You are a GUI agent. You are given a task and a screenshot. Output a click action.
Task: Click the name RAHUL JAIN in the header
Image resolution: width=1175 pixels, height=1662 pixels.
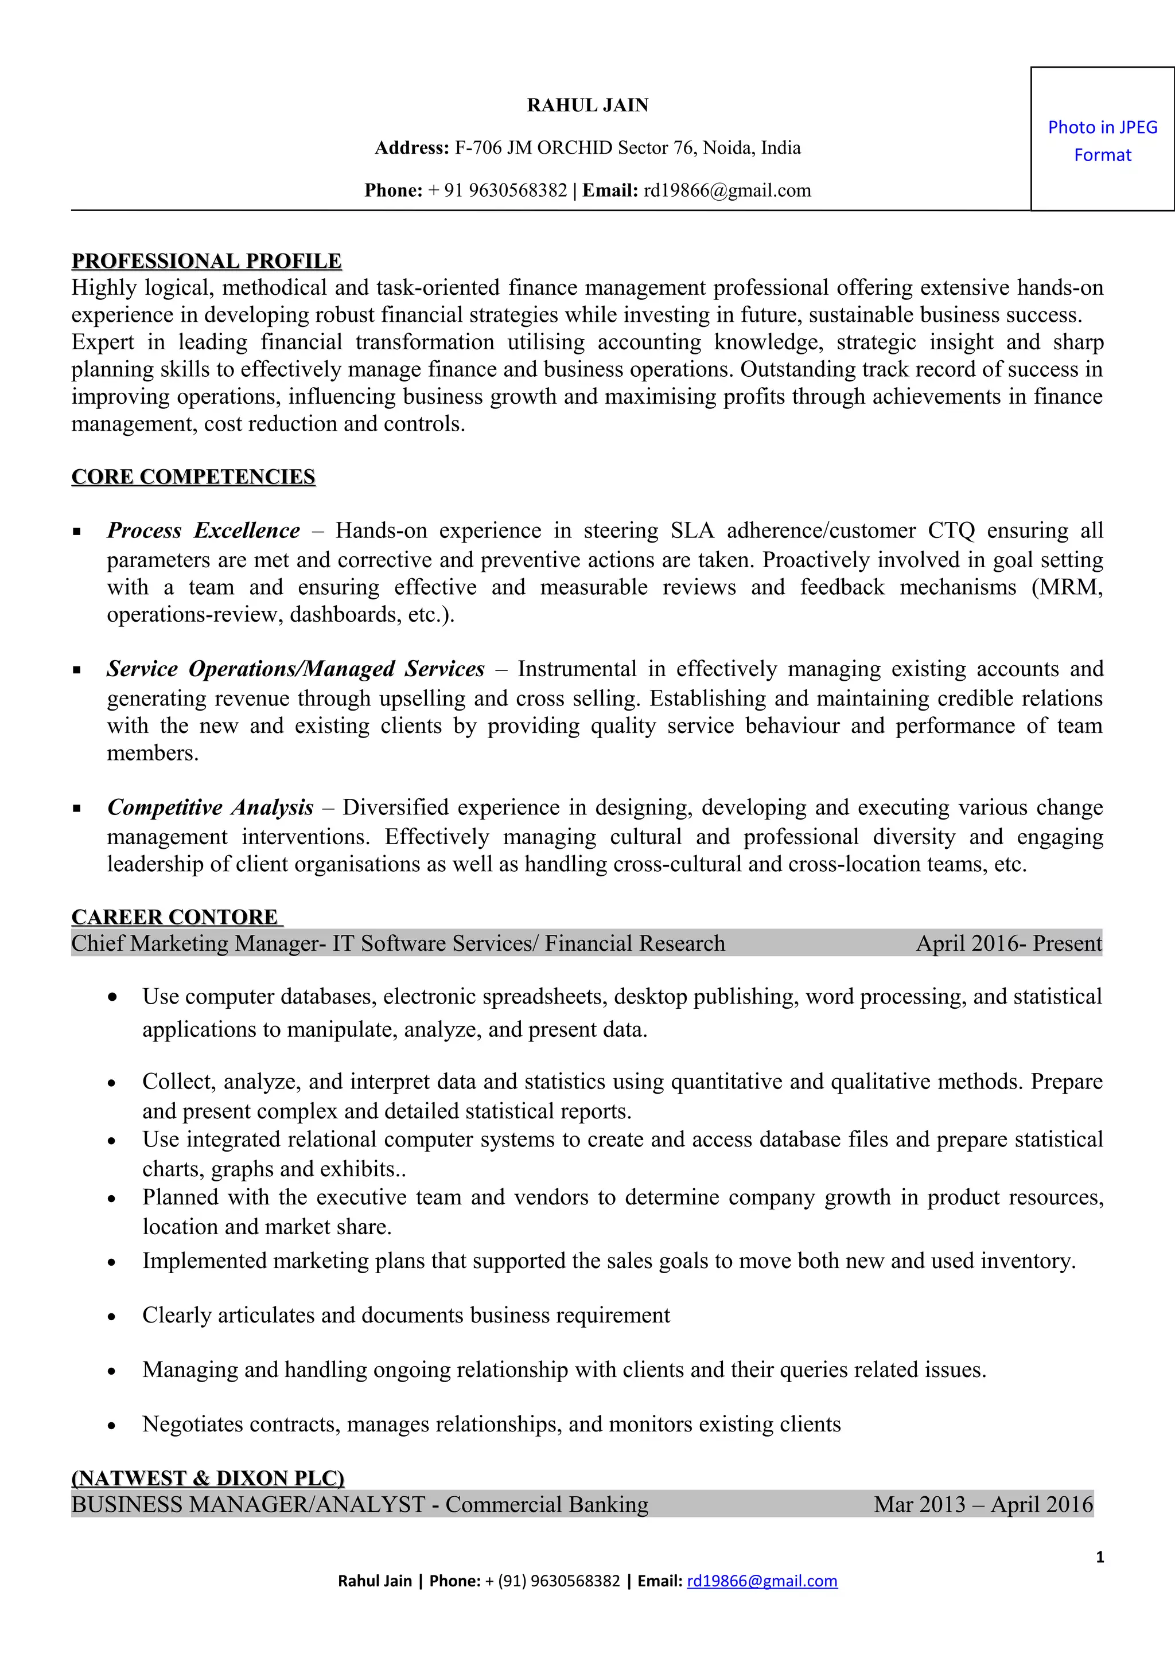coord(587,106)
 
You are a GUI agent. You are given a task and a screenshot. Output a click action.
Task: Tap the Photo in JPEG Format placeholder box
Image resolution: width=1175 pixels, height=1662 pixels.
coord(1102,139)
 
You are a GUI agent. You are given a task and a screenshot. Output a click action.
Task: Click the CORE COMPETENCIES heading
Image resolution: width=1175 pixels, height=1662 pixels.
coord(193,477)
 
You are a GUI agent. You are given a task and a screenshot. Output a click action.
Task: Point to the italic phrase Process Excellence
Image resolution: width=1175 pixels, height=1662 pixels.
coord(204,530)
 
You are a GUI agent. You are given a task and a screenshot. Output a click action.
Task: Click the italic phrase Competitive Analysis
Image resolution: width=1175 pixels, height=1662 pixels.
coord(210,807)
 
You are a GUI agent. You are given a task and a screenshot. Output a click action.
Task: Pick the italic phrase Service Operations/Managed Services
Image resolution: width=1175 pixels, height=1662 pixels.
coord(295,669)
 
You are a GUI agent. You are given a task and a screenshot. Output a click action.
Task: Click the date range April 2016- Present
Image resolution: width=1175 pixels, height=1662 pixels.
coord(1009,943)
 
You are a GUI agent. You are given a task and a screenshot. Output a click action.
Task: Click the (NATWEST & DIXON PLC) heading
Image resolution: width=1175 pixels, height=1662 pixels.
coord(208,1477)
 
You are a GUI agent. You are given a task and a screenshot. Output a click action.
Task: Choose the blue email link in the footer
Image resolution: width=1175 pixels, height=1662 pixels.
coord(761,1581)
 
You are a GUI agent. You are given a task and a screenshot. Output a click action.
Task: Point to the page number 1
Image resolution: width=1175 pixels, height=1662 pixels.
coord(1100,1557)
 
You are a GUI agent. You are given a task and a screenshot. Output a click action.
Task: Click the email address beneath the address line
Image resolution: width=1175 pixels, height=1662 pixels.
coord(727,190)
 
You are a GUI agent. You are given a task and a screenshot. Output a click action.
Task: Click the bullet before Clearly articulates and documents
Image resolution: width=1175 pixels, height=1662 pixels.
coord(111,1317)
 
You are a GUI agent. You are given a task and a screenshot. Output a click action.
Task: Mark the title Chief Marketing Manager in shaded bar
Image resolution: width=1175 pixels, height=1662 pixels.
coord(196,943)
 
